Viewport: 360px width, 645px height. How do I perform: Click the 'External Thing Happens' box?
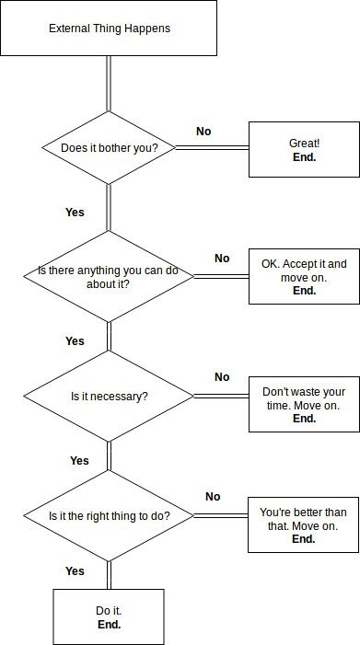point(109,29)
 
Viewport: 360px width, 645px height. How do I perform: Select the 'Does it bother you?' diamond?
point(109,147)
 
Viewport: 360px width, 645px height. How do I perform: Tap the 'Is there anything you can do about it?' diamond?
point(109,276)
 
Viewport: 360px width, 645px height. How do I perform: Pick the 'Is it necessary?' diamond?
point(109,397)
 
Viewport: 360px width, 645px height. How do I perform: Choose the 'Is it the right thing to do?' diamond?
point(109,516)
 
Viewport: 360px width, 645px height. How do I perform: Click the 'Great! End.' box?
point(304,150)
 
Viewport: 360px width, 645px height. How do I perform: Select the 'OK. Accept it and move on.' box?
point(304,276)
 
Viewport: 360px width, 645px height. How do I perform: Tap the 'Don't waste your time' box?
point(304,404)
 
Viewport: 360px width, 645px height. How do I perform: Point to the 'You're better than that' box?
point(304,524)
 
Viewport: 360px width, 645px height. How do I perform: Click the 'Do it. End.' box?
point(109,616)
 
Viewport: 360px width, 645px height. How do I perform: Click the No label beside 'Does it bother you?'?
point(203,132)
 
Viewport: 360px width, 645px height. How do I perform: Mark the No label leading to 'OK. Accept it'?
point(222,259)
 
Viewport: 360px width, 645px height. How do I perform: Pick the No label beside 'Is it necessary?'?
point(222,377)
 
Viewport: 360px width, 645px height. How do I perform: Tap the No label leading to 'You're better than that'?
point(213,497)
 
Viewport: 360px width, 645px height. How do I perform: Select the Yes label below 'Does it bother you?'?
point(75,213)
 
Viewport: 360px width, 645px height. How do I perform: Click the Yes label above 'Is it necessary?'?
point(75,341)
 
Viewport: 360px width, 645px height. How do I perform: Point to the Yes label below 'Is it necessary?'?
point(79,461)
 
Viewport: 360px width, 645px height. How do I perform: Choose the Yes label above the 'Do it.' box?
point(75,571)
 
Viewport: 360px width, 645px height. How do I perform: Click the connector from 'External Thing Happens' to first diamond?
point(109,83)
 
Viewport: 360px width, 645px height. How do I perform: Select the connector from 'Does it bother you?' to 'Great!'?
point(213,147)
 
